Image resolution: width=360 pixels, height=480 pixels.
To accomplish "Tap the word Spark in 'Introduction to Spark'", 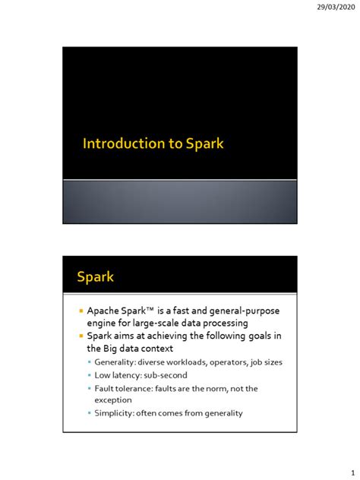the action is click(x=204, y=144).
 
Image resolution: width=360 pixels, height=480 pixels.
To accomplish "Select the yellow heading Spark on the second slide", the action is click(x=96, y=276).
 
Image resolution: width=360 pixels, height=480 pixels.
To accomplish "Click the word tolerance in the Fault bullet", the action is click(x=134, y=388).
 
